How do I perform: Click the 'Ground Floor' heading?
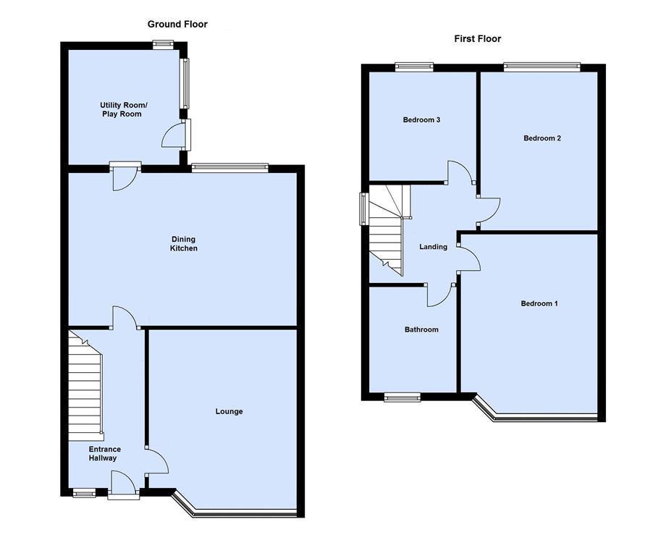177,25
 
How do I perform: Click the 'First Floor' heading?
477,39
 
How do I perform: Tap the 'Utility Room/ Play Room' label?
121,110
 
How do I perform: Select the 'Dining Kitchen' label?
183,244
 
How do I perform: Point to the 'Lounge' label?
229,412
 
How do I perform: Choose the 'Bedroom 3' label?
421,120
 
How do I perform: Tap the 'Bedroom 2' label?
542,138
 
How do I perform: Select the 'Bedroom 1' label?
539,304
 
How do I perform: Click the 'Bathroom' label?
421,330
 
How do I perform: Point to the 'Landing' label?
433,247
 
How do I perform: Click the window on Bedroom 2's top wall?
541,67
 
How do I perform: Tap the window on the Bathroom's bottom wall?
402,397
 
